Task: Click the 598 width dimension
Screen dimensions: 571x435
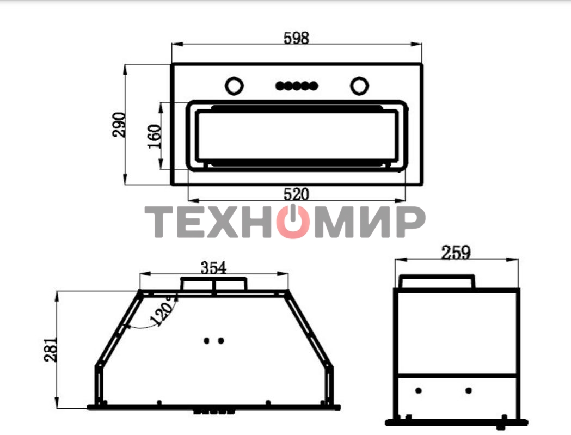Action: pyautogui.click(x=297, y=38)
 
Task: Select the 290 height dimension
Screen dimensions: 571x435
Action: pyautogui.click(x=119, y=125)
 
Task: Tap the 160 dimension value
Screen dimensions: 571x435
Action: pyautogui.click(x=155, y=136)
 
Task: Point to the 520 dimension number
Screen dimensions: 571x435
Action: pyautogui.click(x=296, y=194)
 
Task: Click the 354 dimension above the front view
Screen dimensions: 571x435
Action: pyautogui.click(x=214, y=268)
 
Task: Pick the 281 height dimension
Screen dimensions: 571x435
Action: pyautogui.click(x=51, y=350)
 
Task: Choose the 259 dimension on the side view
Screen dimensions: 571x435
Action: pyautogui.click(x=456, y=253)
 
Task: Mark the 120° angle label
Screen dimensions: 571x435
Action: pyautogui.click(x=163, y=310)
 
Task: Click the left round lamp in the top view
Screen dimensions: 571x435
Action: pyautogui.click(x=234, y=86)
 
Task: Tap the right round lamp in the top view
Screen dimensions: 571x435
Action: pyautogui.click(x=359, y=86)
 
